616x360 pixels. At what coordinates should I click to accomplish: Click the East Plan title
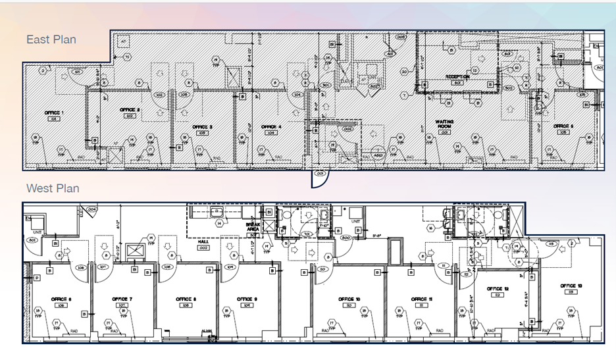click(51, 39)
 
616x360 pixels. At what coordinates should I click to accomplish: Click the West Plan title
click(53, 188)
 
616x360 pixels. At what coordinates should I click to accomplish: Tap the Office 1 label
click(54, 113)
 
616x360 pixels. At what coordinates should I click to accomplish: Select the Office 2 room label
click(130, 109)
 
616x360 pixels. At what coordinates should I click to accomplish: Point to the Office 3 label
click(202, 126)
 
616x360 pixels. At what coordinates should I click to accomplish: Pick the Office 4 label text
click(270, 126)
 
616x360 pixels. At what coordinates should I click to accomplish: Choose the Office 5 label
click(563, 126)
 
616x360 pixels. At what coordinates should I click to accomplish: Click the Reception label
click(457, 77)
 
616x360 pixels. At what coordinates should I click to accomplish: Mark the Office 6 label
click(60, 299)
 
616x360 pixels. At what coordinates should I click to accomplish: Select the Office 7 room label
click(122, 299)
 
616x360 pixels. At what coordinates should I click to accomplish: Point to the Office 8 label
click(184, 299)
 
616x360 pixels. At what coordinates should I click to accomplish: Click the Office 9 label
click(247, 299)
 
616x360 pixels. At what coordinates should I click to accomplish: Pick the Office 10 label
click(349, 299)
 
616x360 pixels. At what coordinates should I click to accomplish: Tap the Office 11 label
click(421, 299)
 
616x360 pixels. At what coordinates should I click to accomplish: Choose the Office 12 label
click(498, 289)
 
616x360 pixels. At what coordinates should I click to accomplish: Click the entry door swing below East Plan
click(319, 178)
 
